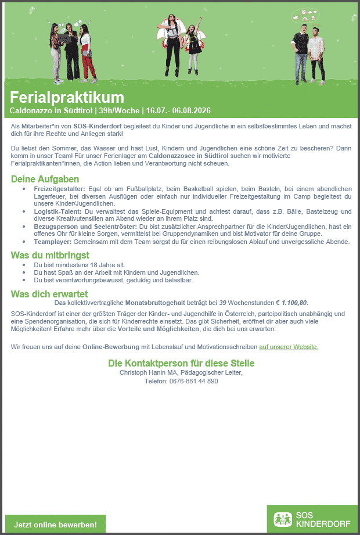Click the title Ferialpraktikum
[x=67, y=97]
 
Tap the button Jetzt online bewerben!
[x=56, y=525]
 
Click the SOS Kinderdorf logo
[x=312, y=519]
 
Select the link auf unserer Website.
[x=289, y=347]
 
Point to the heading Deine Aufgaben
[x=45, y=179]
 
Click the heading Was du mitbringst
[x=50, y=255]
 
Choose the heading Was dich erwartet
[x=49, y=294]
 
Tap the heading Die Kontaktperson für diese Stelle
[x=181, y=363]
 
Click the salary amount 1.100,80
[x=295, y=303]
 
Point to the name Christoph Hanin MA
[x=145, y=372]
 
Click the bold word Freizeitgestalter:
[x=59, y=189]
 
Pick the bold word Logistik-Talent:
[x=57, y=211]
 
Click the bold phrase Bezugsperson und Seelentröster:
[x=84, y=226]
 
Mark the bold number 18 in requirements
[x=93, y=265]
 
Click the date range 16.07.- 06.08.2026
[x=178, y=110]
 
